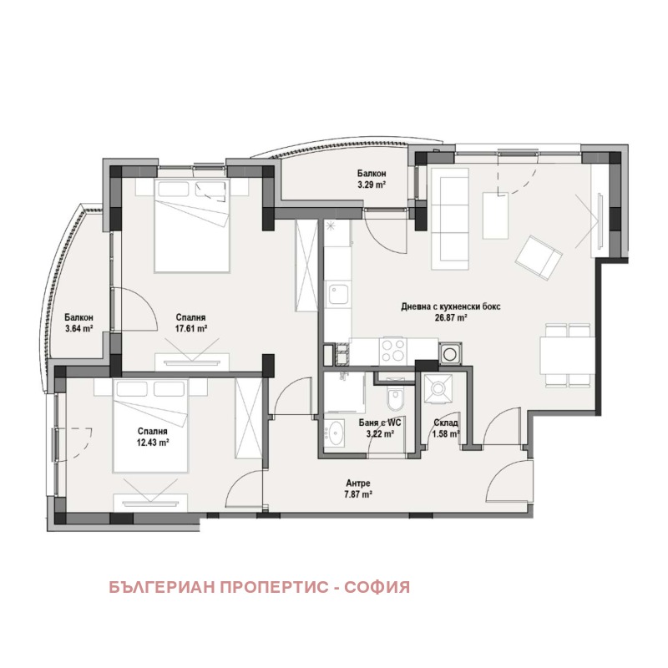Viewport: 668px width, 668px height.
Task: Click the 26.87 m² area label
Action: pos(451,317)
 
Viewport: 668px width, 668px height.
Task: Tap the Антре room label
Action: pos(358,483)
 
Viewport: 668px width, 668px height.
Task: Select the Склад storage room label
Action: pos(446,423)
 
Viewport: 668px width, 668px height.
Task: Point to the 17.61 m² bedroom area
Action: pos(191,328)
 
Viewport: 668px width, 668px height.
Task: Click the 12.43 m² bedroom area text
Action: pos(153,443)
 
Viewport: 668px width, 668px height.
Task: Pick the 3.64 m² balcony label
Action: pos(78,328)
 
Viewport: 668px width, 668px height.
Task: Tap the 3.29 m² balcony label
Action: pos(372,185)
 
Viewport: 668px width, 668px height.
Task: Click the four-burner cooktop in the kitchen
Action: pos(393,351)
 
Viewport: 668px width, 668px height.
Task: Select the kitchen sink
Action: pos(338,294)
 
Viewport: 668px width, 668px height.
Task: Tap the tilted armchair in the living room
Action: pos(539,257)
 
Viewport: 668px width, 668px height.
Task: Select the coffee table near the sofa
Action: pos(495,215)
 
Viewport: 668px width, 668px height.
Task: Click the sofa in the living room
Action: pos(450,218)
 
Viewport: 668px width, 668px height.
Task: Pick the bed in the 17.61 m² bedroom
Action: pos(192,225)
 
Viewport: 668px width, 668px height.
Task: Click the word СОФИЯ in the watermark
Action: pos(377,587)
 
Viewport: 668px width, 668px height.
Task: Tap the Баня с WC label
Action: pos(380,423)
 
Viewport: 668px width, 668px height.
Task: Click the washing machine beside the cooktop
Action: pos(450,353)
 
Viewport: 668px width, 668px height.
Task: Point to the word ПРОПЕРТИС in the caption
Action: pos(275,587)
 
